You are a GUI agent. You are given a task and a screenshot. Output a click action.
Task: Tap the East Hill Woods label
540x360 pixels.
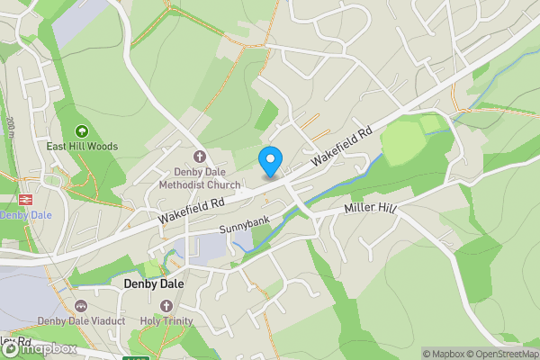click(x=83, y=146)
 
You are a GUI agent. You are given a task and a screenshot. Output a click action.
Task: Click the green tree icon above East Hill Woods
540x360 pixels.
click(x=83, y=130)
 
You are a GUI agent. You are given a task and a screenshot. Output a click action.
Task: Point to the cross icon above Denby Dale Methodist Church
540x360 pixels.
click(x=200, y=156)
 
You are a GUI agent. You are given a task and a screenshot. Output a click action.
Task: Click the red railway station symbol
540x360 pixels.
click(x=25, y=200)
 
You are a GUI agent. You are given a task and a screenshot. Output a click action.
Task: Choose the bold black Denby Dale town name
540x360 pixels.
click(x=154, y=283)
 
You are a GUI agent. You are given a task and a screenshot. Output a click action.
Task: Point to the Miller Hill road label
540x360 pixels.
click(x=371, y=209)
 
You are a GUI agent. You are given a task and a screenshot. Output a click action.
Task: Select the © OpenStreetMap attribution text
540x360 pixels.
click(x=499, y=354)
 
